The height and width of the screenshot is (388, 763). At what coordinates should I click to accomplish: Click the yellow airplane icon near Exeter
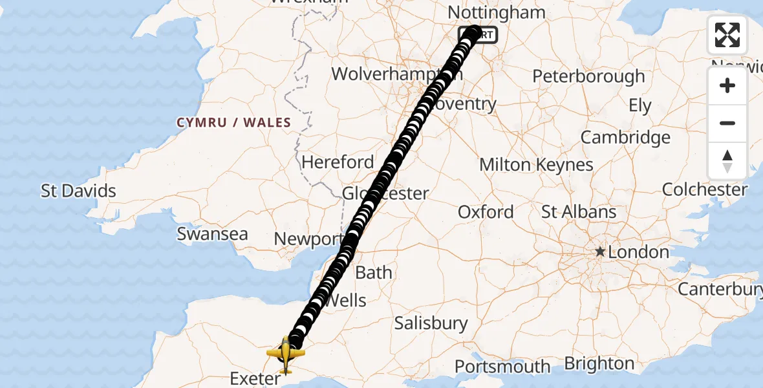(x=285, y=354)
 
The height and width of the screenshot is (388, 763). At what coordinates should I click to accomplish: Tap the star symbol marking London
(x=600, y=252)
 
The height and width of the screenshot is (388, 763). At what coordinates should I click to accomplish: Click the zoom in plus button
(x=727, y=85)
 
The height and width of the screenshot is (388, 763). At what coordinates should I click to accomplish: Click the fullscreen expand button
(x=727, y=35)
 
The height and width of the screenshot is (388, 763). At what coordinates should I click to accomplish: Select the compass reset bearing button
(x=727, y=161)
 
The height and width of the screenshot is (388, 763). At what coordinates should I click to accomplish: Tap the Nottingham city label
(x=496, y=12)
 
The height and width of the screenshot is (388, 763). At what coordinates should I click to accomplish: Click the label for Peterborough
(x=588, y=76)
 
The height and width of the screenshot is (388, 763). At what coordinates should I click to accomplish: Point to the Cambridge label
(x=625, y=137)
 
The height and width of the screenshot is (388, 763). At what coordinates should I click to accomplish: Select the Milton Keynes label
(x=536, y=165)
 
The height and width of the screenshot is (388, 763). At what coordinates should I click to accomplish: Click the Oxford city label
(x=486, y=212)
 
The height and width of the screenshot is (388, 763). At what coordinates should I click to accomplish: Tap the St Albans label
(x=579, y=212)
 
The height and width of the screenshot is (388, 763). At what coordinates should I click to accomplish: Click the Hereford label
(x=338, y=162)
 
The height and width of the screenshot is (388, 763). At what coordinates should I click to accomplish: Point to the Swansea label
(x=212, y=233)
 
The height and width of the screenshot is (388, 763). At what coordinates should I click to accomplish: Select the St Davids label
(x=78, y=191)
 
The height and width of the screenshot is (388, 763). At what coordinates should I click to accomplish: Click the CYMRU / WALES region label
(x=233, y=122)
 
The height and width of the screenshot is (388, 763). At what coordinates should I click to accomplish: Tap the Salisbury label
(x=431, y=323)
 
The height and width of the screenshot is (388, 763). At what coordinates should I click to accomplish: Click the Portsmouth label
(x=502, y=367)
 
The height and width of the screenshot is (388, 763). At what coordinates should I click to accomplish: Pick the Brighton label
(x=599, y=363)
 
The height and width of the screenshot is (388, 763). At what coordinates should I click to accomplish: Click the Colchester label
(x=704, y=189)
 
